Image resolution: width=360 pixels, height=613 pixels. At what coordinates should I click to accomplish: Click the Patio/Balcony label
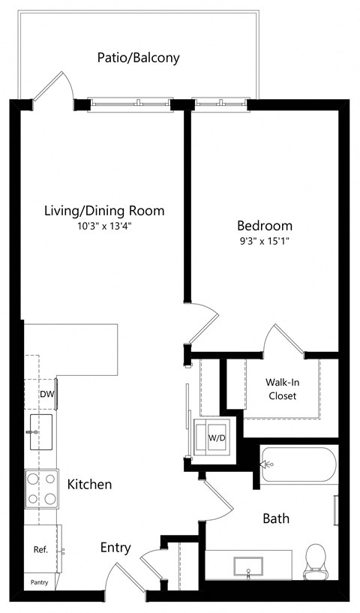pyautogui.click(x=138, y=58)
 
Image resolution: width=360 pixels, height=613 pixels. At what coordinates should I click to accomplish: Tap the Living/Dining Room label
pyautogui.click(x=103, y=210)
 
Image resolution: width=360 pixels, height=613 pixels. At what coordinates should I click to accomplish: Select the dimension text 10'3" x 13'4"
pyautogui.click(x=103, y=225)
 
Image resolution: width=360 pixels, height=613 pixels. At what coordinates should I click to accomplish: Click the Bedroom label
pyautogui.click(x=265, y=225)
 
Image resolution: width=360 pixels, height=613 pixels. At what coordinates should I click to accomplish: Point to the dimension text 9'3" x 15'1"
pyautogui.click(x=265, y=241)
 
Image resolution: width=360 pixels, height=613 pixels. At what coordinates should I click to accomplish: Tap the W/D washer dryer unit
pyautogui.click(x=216, y=437)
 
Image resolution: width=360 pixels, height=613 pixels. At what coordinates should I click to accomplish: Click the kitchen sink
pyautogui.click(x=40, y=432)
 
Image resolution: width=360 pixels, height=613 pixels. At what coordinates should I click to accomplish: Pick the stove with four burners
pyautogui.click(x=42, y=488)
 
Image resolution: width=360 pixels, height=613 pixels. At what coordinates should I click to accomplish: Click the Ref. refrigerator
pyautogui.click(x=41, y=549)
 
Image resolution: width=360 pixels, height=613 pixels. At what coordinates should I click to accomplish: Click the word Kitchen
pyautogui.click(x=89, y=485)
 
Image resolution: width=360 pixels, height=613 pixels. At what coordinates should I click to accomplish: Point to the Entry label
pyautogui.click(x=115, y=548)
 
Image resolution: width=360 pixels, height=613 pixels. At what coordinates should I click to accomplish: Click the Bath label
pyautogui.click(x=275, y=518)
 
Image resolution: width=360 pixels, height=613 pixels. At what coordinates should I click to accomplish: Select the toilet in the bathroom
pyautogui.click(x=316, y=560)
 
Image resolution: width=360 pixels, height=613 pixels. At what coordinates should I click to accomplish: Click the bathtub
pyautogui.click(x=298, y=465)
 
